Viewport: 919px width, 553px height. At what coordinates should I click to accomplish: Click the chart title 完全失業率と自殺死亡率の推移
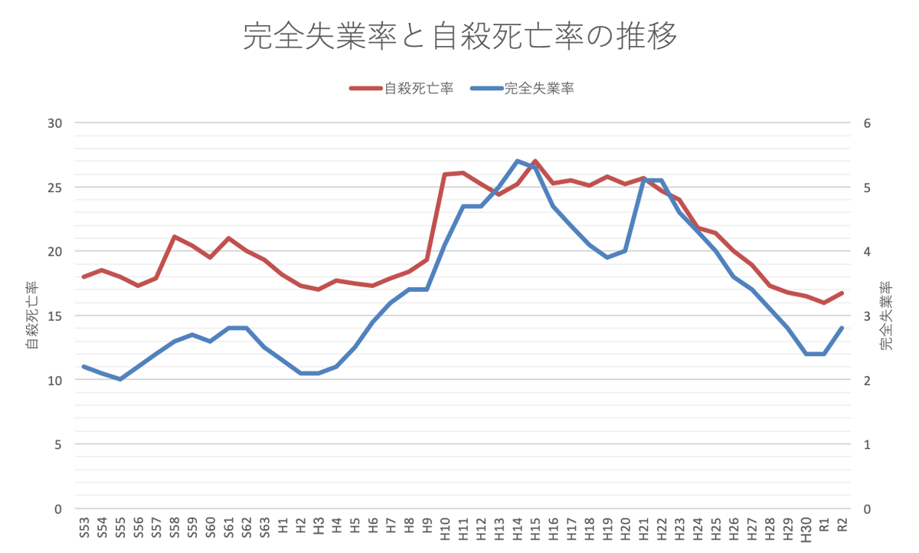(x=459, y=37)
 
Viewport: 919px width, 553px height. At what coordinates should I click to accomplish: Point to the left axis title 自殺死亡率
(x=31, y=316)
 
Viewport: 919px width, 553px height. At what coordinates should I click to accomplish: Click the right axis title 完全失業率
(x=886, y=316)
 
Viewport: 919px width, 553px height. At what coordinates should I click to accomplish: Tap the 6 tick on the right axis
(x=866, y=123)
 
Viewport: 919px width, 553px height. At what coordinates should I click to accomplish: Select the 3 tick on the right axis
(x=866, y=316)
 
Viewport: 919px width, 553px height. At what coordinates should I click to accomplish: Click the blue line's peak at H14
(x=517, y=161)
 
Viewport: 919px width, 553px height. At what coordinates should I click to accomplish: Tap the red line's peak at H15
(x=535, y=162)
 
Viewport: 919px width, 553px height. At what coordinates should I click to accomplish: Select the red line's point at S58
(x=175, y=237)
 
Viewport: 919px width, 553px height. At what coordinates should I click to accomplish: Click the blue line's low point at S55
(x=120, y=379)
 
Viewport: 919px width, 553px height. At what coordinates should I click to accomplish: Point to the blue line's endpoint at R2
(x=842, y=328)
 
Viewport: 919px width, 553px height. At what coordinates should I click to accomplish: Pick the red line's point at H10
(x=445, y=175)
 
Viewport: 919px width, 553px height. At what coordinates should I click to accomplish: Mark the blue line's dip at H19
(x=607, y=257)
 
